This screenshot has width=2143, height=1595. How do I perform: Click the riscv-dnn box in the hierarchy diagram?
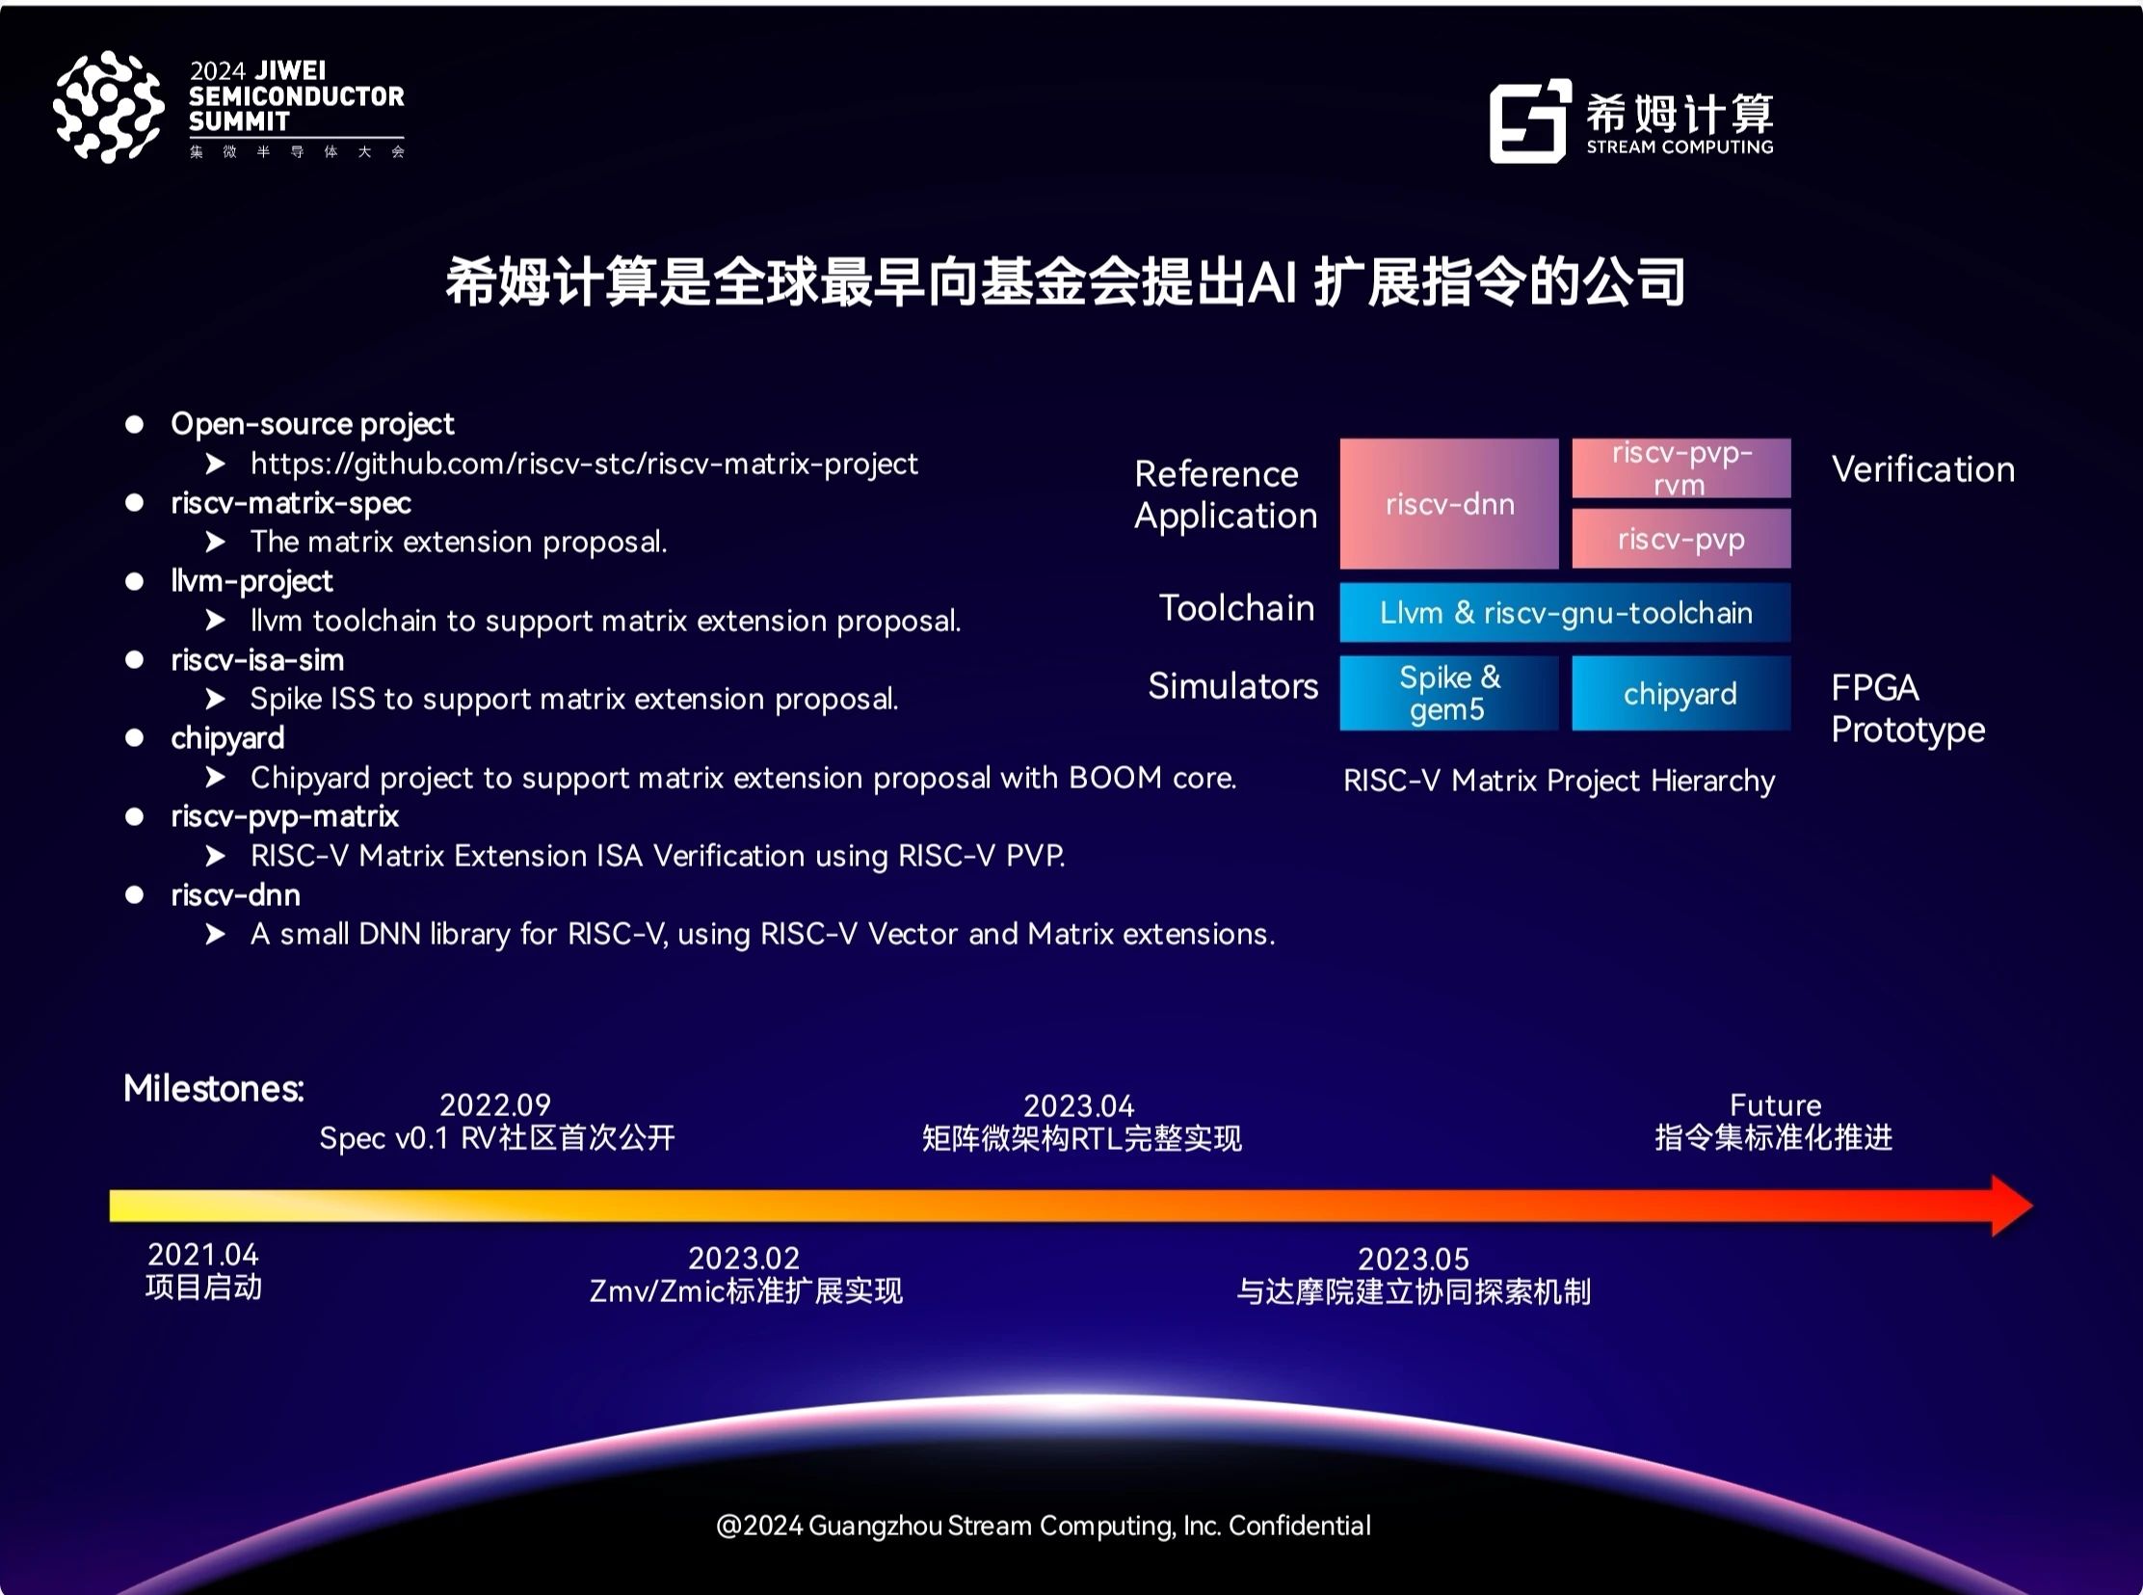1449,503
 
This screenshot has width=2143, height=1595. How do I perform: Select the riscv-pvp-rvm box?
1680,468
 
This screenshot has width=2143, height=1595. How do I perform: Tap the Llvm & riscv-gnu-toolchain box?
1565,612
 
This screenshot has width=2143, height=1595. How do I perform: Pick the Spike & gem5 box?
1449,693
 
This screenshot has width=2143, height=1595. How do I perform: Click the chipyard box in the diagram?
1680,693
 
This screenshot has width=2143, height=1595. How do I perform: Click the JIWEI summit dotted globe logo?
108,106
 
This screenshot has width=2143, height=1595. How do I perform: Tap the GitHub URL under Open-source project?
584,465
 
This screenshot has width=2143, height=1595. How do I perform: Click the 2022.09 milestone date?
495,1104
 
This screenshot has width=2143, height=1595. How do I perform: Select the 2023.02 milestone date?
744,1258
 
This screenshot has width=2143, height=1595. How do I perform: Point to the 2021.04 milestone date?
202,1254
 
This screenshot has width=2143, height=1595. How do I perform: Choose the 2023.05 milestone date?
1414,1259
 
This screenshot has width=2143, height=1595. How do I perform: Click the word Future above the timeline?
1775,1104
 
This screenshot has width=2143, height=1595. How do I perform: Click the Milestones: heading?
214,1088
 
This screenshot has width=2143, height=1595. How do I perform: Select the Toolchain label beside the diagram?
1236,607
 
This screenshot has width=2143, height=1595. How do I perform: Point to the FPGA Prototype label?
1908,708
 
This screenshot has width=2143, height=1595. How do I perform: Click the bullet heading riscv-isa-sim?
256,660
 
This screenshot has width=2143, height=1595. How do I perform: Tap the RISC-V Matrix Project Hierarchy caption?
1559,781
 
